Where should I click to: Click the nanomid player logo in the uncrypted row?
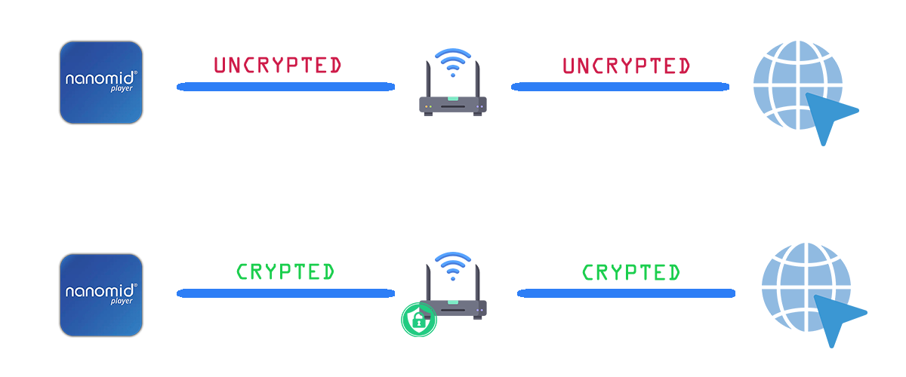(x=101, y=82)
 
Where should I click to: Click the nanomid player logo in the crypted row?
(x=101, y=295)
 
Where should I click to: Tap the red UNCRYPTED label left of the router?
(x=278, y=65)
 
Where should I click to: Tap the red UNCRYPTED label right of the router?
(x=626, y=66)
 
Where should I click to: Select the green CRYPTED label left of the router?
(x=285, y=271)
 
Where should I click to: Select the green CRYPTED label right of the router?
(x=631, y=272)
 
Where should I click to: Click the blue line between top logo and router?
(x=285, y=87)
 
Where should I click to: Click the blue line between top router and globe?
(x=620, y=87)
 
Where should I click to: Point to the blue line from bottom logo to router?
(x=285, y=293)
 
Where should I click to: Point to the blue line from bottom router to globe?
(x=626, y=293)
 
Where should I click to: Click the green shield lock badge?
(x=418, y=320)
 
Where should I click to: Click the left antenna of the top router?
(x=428, y=79)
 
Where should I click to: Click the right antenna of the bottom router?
(x=478, y=283)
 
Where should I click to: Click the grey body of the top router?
(x=452, y=105)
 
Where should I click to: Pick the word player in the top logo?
(x=122, y=88)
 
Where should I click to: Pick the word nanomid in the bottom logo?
(x=100, y=290)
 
